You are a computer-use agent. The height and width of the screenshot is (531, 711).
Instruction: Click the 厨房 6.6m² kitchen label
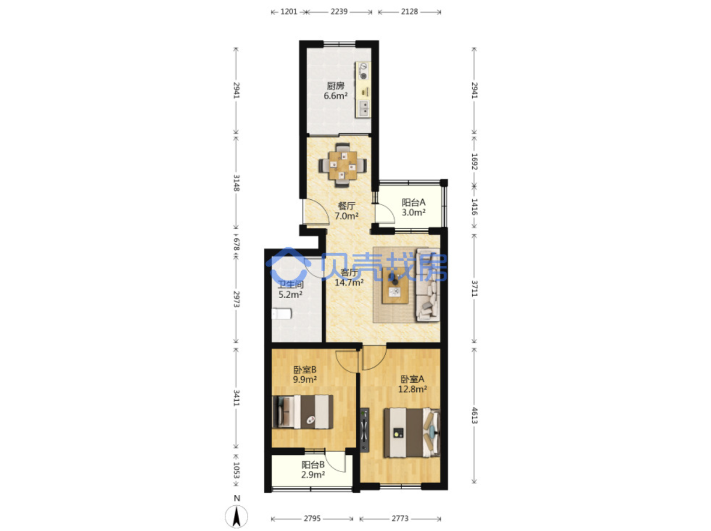335,91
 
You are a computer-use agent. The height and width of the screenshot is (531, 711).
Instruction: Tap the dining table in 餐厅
343,165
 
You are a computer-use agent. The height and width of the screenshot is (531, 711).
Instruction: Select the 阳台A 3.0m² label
413,207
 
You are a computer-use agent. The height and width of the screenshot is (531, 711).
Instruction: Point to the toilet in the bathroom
281,314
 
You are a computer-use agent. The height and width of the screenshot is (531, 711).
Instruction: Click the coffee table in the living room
395,286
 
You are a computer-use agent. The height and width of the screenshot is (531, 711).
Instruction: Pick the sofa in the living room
427,285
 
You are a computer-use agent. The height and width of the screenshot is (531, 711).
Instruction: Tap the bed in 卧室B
302,412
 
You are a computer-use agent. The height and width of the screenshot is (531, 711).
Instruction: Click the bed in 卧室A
412,432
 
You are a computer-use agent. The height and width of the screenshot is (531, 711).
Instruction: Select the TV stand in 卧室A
365,429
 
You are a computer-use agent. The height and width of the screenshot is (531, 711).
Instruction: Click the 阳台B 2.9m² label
312,470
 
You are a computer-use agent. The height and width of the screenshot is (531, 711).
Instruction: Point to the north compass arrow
236,516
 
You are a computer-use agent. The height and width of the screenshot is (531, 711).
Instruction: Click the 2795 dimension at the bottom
312,519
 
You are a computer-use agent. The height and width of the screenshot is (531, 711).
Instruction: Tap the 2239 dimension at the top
339,12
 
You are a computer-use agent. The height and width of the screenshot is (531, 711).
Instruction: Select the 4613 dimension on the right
474,415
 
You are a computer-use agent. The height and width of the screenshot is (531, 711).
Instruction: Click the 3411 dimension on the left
236,398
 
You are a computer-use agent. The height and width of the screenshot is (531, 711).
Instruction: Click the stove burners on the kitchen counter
364,71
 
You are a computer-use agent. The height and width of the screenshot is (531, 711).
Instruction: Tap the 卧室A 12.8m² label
412,384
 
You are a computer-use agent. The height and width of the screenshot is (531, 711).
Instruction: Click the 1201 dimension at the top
288,12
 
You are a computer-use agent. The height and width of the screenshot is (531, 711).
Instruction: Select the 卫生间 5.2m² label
291,290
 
